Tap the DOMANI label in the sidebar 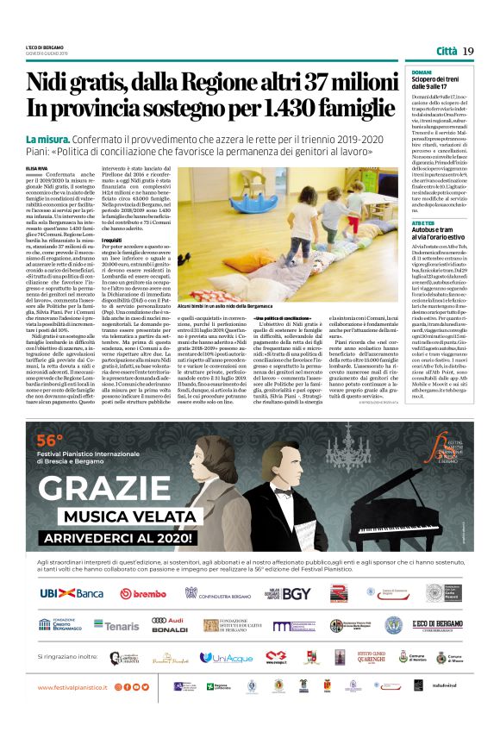click(x=422, y=72)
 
